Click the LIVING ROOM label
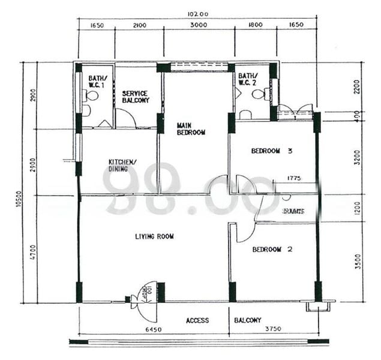pyautogui.click(x=154, y=236)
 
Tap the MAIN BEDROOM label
pyautogui.click(x=191, y=129)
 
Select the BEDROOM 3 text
pyautogui.click(x=271, y=151)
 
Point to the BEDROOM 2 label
pyautogui.click(x=272, y=249)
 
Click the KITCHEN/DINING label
pyautogui.click(x=122, y=166)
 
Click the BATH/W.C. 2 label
pyautogui.click(x=249, y=79)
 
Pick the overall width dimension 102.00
pyautogui.click(x=197, y=14)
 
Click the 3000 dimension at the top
pyautogui.click(x=199, y=25)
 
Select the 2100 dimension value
pyautogui.click(x=139, y=25)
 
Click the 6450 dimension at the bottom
pyautogui.click(x=154, y=329)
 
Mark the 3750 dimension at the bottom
pyautogui.click(x=273, y=329)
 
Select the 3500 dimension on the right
pyautogui.click(x=358, y=262)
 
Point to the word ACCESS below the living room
pyautogui.click(x=197, y=320)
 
